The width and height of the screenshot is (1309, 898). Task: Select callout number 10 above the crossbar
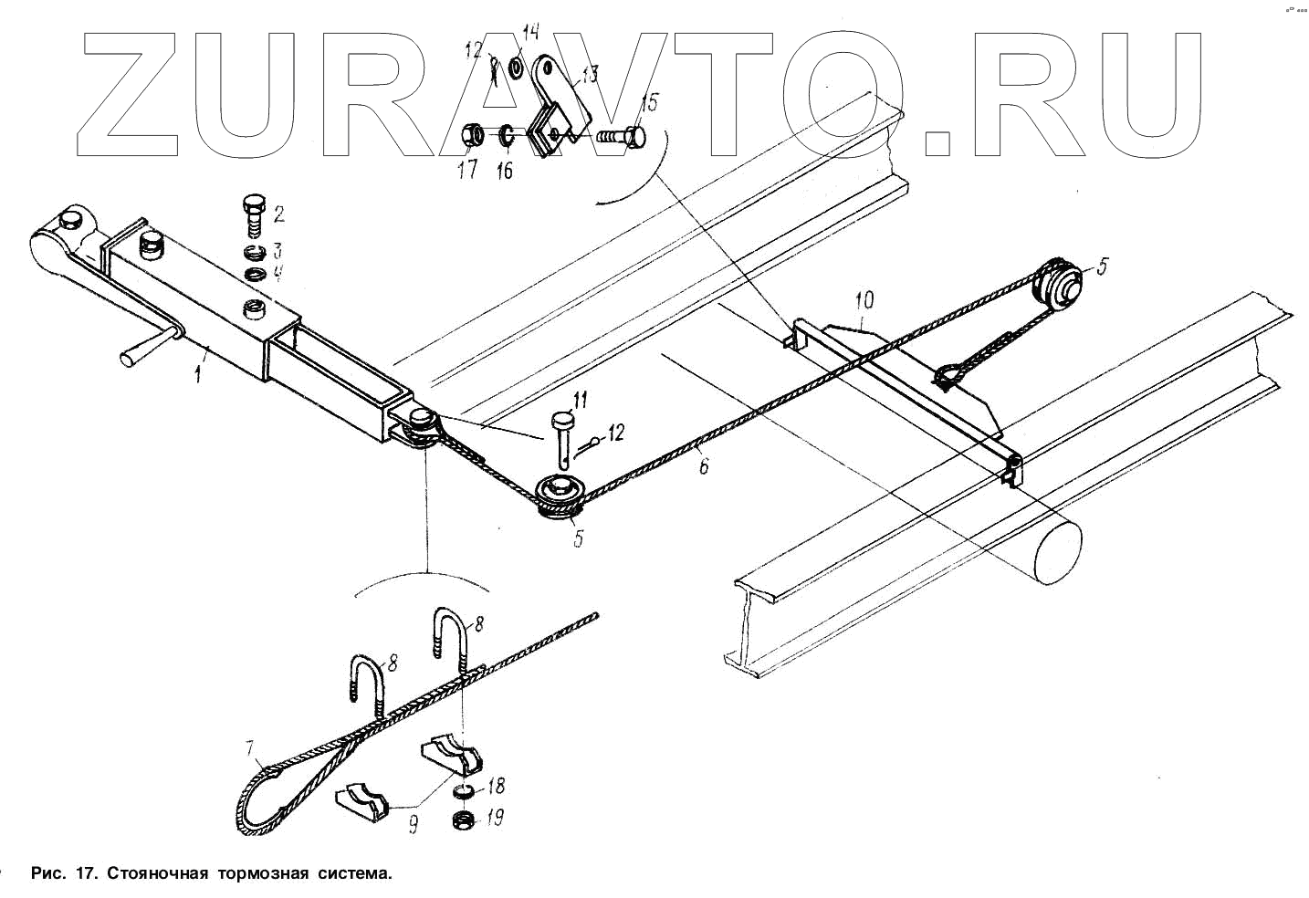tap(864, 299)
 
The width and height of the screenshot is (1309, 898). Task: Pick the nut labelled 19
tap(465, 818)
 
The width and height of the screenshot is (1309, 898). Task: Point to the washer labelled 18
tap(465, 790)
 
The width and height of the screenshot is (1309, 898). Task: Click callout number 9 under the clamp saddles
tap(413, 826)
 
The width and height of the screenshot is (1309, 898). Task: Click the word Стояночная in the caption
tap(159, 873)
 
